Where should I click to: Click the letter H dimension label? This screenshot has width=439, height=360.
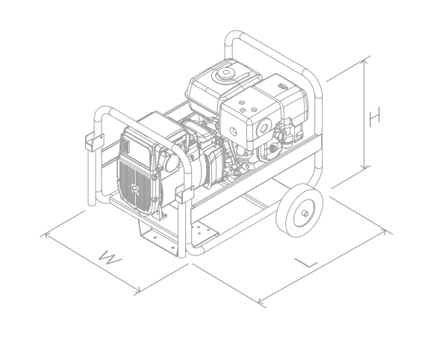point(375,117)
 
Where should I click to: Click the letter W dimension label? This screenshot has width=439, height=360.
point(110,258)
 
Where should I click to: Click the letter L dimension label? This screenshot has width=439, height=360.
point(307,263)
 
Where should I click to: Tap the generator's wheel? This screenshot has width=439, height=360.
point(299,210)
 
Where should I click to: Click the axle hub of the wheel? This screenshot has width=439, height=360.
point(305,214)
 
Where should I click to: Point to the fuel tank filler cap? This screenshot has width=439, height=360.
point(225,73)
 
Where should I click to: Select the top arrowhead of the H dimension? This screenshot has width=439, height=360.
point(364,62)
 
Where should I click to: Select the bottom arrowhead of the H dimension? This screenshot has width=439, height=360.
point(364,167)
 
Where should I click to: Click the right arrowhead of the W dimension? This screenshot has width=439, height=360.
point(137,291)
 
